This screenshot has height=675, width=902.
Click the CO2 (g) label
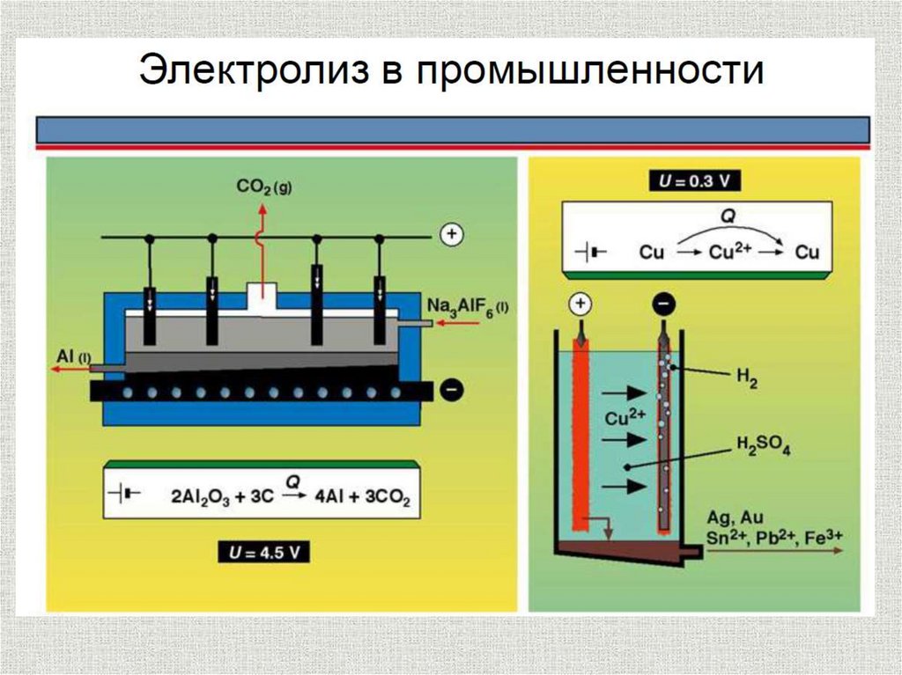(x=263, y=187)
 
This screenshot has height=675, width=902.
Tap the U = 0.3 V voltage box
(x=695, y=182)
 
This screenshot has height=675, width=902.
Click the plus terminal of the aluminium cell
(x=451, y=235)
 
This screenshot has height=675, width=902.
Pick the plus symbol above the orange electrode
(x=580, y=304)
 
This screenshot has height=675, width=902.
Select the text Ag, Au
(x=728, y=517)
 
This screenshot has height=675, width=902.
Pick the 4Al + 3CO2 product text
(x=361, y=495)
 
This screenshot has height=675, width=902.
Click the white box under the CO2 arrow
(x=262, y=297)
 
